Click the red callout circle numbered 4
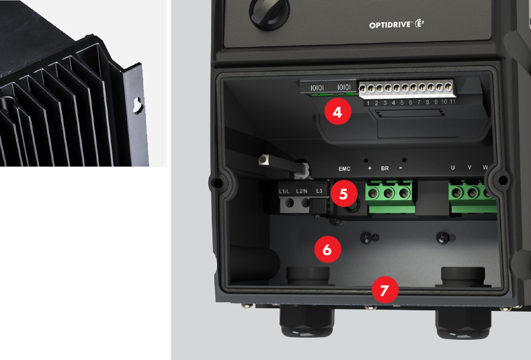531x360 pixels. [337, 112]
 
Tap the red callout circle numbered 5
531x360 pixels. [343, 194]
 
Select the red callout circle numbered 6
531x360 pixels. [327, 249]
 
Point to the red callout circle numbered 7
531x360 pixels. [384, 291]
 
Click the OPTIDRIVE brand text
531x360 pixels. [392, 25]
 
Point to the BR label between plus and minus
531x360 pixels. [385, 167]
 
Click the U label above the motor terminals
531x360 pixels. [452, 167]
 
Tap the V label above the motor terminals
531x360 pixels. [469, 167]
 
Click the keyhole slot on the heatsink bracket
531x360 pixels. [137, 105]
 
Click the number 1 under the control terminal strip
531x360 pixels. [367, 103]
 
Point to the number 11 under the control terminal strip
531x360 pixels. [454, 101]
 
